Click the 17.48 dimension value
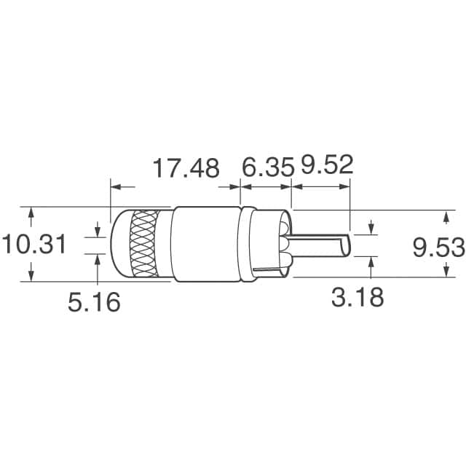tap(185, 169)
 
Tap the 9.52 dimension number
tap(326, 165)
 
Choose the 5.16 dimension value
tap(95, 302)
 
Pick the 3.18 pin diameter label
tap(357, 297)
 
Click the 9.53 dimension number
tap(438, 248)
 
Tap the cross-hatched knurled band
tap(149, 244)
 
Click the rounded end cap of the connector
tap(119, 244)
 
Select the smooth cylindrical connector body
tap(207, 244)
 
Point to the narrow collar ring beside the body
tap(248, 244)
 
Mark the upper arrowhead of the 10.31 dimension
tap(31, 213)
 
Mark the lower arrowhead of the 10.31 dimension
tap(31, 275)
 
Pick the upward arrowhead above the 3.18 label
tap(371, 261)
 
